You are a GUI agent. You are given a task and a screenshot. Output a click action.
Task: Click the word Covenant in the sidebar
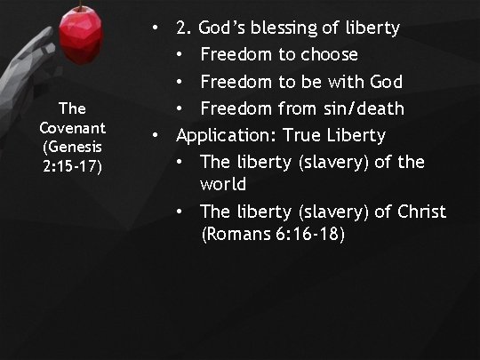pyautogui.click(x=73, y=126)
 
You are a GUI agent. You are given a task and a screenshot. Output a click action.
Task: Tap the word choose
pyautogui.click(x=328, y=55)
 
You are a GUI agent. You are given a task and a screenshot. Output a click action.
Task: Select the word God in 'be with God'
pyautogui.click(x=385, y=82)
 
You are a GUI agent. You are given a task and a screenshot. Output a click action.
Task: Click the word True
pyautogui.click(x=300, y=135)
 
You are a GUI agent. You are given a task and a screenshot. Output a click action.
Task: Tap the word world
pyautogui.click(x=223, y=185)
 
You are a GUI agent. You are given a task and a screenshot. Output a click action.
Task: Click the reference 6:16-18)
pyautogui.click(x=314, y=235)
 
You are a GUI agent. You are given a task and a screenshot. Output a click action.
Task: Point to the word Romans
pyautogui.click(x=234, y=235)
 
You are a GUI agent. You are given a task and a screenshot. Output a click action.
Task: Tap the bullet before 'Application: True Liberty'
pyautogui.click(x=156, y=135)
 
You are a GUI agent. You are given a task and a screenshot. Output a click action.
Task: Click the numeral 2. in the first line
pyautogui.click(x=183, y=28)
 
